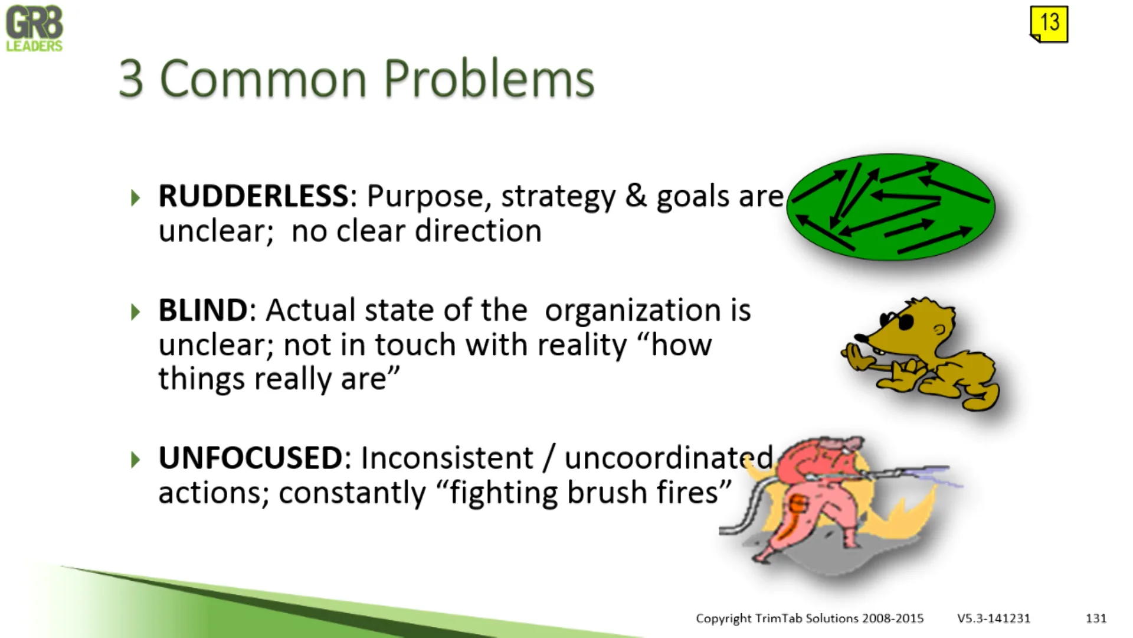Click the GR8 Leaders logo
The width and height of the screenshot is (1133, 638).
pyautogui.click(x=34, y=28)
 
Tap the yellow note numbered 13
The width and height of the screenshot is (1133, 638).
pyautogui.click(x=1049, y=24)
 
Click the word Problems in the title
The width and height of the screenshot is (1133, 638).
pyautogui.click(x=489, y=79)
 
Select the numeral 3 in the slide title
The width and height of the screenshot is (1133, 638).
pyautogui.click(x=131, y=79)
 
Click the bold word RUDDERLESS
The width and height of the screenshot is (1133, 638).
pyautogui.click(x=254, y=196)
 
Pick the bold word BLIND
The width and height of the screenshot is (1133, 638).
pyautogui.click(x=203, y=310)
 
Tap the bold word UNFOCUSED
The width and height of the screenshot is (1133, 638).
pyautogui.click(x=250, y=458)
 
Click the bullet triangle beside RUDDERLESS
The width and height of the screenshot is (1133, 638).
pyautogui.click(x=136, y=197)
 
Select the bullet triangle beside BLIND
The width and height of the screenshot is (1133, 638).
pyautogui.click(x=136, y=311)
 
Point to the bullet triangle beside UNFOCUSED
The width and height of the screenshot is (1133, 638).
pyautogui.click(x=136, y=459)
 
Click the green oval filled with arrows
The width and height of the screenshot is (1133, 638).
pyautogui.click(x=891, y=207)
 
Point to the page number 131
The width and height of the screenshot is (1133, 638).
pyautogui.click(x=1096, y=618)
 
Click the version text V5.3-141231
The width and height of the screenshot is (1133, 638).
pyautogui.click(x=994, y=618)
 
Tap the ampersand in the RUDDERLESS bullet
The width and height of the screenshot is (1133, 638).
pyautogui.click(x=636, y=196)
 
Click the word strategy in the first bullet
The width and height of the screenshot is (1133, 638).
pyautogui.click(x=558, y=197)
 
